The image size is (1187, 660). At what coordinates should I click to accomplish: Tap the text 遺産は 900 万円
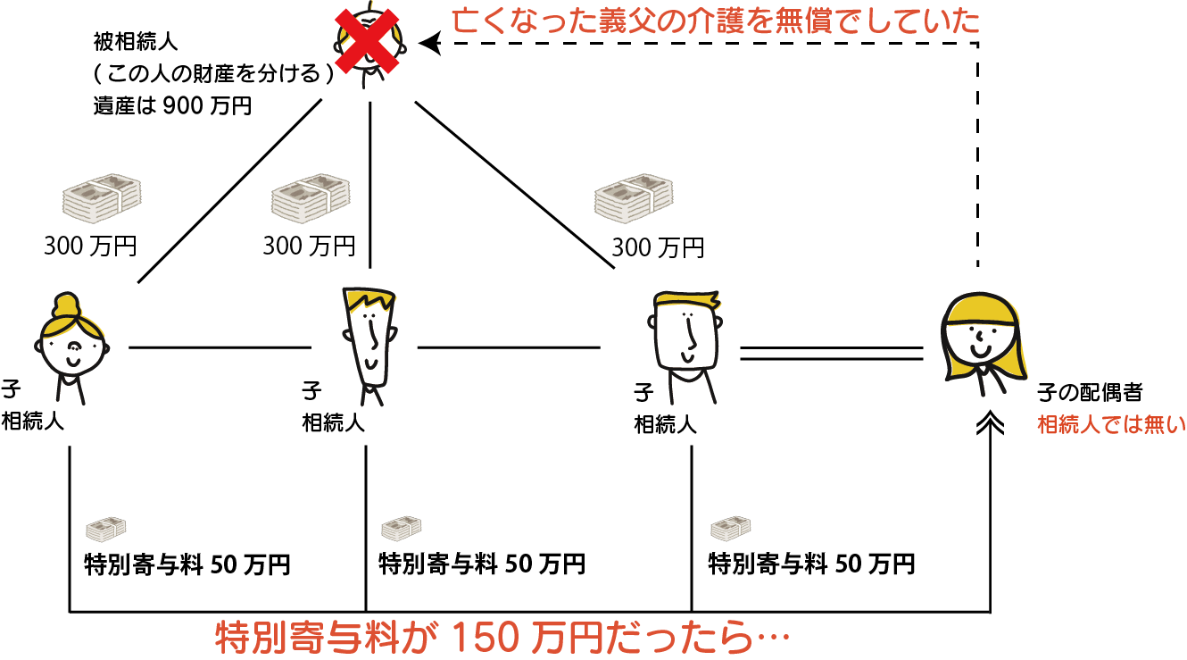point(172,106)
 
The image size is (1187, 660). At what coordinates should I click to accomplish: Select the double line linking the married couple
point(832,353)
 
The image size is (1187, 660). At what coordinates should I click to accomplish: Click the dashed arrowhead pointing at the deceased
point(430,43)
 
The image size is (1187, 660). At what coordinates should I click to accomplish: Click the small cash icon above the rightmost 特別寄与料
point(731,528)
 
